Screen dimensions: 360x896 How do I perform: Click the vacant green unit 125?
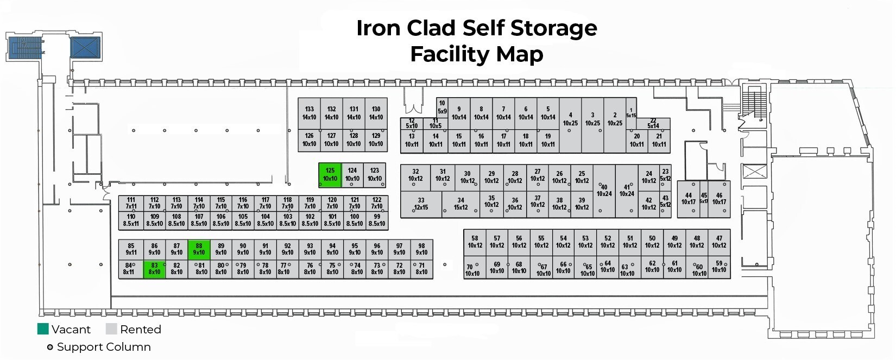point(330,175)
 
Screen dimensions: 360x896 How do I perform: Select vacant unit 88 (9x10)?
point(199,249)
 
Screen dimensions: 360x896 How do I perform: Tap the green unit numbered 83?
point(154,269)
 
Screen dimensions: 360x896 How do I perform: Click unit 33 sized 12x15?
point(421,204)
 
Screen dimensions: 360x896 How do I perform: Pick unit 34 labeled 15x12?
point(460,204)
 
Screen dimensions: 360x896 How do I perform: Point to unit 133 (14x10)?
point(309,113)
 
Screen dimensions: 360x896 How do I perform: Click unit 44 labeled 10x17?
point(688,199)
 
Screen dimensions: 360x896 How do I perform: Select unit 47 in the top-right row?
point(719,242)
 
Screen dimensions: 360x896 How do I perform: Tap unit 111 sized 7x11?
point(131,203)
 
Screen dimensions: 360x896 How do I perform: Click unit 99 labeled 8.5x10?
point(377,220)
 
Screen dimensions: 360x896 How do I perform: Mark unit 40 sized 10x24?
point(604,191)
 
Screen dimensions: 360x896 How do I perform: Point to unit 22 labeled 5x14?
point(653,123)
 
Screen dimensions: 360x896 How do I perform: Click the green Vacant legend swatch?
point(43,329)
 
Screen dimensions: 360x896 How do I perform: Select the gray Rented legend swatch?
point(111,329)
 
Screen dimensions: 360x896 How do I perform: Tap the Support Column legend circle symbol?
point(50,347)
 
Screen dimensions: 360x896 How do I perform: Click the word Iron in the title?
point(378,28)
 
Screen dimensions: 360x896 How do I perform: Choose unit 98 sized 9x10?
point(421,249)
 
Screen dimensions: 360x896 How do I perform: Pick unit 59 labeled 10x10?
point(719,267)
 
